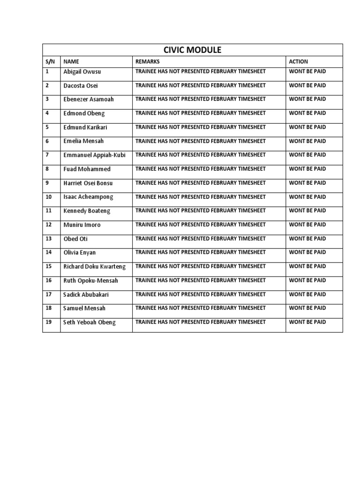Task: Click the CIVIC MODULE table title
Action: (192, 50)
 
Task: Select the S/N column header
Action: (50, 62)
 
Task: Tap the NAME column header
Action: (71, 62)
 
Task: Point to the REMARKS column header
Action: (147, 62)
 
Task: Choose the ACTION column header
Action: (299, 62)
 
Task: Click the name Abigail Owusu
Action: (82, 72)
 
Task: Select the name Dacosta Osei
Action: (81, 86)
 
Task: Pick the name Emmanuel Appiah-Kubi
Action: (94, 155)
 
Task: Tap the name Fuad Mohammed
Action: (87, 169)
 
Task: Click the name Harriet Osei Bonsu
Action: (88, 183)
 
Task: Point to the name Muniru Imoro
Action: (82, 225)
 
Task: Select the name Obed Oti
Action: (75, 239)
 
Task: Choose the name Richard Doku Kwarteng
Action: (95, 267)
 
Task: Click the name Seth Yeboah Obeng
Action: (89, 322)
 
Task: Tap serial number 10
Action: (48, 197)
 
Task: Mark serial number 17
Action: (48, 294)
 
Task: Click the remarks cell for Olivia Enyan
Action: (200, 252)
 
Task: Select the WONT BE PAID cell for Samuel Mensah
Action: (307, 308)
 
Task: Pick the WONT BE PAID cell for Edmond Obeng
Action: (307, 113)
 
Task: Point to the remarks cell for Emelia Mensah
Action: (200, 141)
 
